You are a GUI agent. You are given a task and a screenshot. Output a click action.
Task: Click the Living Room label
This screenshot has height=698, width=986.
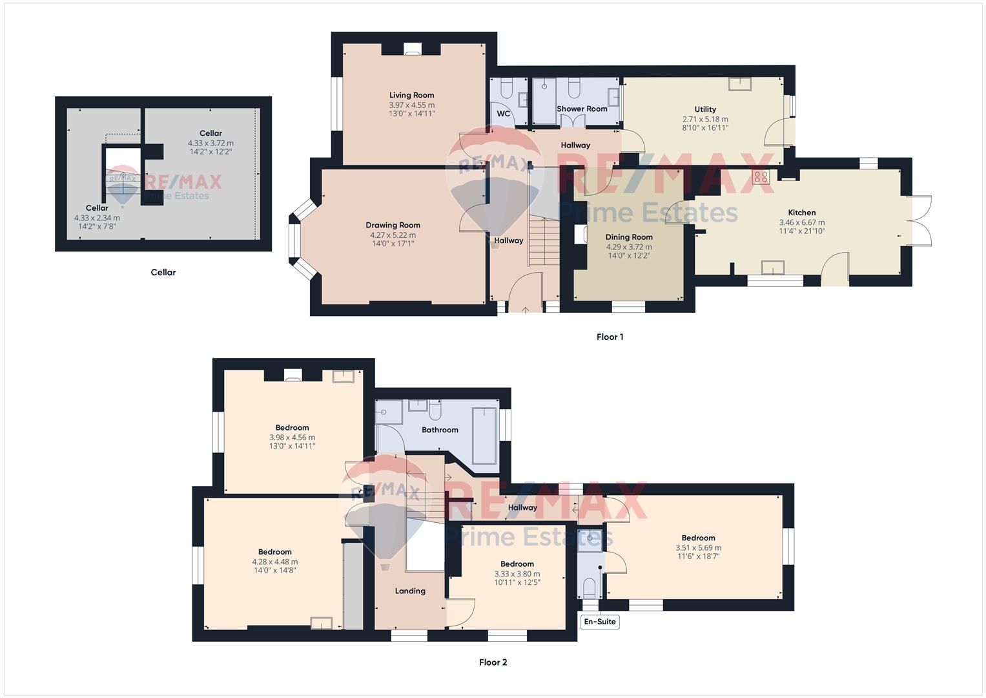411,95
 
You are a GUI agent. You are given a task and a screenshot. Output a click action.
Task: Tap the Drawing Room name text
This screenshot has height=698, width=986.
393,225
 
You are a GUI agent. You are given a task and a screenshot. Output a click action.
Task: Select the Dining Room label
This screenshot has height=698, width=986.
629,237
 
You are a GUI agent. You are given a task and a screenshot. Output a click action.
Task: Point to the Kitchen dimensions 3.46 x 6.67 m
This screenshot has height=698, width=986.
802,222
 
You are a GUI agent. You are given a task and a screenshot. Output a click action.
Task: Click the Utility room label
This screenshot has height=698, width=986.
705,109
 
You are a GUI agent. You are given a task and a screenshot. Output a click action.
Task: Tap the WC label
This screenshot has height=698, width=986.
504,114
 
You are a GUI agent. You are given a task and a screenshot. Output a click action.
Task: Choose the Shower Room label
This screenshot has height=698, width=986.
582,109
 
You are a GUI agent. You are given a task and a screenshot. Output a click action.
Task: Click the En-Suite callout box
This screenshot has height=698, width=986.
600,621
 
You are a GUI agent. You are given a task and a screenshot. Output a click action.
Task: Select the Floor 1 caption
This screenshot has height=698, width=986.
610,337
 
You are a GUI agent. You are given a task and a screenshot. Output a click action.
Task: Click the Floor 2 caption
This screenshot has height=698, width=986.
493,662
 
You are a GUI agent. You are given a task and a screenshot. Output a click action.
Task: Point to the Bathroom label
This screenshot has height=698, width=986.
440,430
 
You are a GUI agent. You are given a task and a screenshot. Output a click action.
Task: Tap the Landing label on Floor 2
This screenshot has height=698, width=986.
410,591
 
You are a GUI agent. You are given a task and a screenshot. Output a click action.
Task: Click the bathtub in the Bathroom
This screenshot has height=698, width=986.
484,436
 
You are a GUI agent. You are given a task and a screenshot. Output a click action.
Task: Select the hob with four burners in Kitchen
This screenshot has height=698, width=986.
761,177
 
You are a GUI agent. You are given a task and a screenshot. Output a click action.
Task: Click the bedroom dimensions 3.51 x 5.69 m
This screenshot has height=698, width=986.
699,548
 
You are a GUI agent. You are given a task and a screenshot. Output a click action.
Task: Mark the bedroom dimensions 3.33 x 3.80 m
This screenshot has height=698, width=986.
517,574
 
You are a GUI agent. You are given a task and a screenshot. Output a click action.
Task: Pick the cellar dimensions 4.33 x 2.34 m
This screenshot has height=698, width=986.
97,218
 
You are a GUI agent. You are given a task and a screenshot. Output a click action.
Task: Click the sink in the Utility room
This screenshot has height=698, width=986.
739,84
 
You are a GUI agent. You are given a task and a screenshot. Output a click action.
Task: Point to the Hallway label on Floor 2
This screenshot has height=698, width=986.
522,507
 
